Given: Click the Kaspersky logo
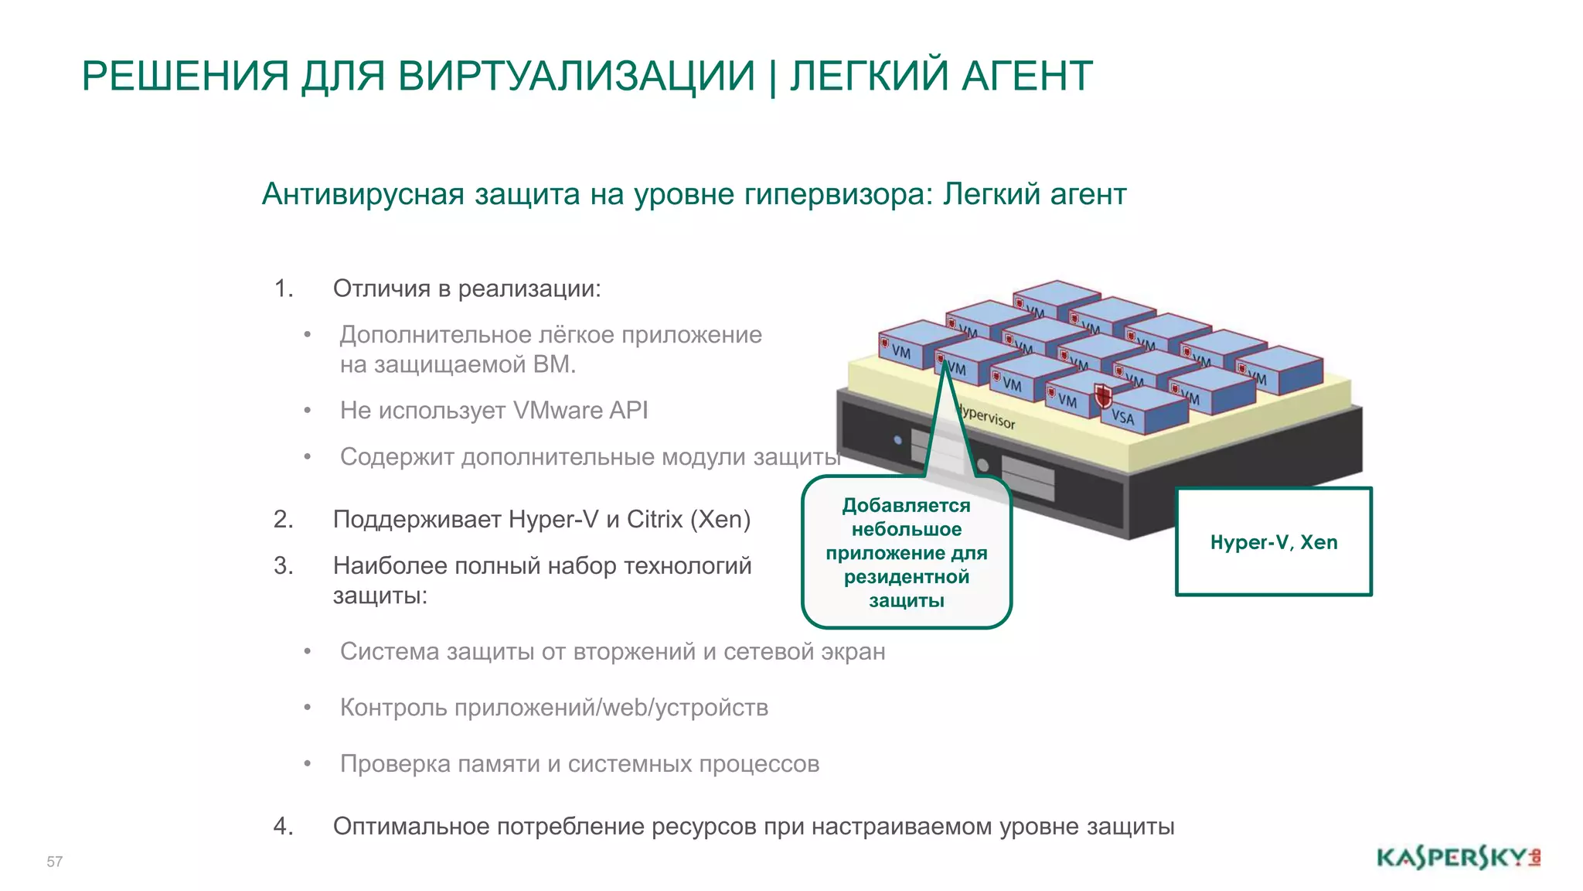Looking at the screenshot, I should point(1458,859).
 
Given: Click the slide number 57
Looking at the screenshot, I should point(54,862).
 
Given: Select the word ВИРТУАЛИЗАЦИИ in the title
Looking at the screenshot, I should point(577,76).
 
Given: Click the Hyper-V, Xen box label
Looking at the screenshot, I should point(1273,542).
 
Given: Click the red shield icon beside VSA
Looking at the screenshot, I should point(1103,396).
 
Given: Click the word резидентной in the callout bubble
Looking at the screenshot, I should point(907,577).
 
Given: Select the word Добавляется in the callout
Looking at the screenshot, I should point(906,506).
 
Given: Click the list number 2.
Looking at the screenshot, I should point(283,519).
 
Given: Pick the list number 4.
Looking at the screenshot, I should point(283,826).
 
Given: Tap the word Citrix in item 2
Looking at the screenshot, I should point(654,519).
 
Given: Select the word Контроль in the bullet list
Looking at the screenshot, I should point(387,708).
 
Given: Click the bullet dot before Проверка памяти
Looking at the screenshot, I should point(307,764).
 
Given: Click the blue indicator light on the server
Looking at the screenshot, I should point(897,440).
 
